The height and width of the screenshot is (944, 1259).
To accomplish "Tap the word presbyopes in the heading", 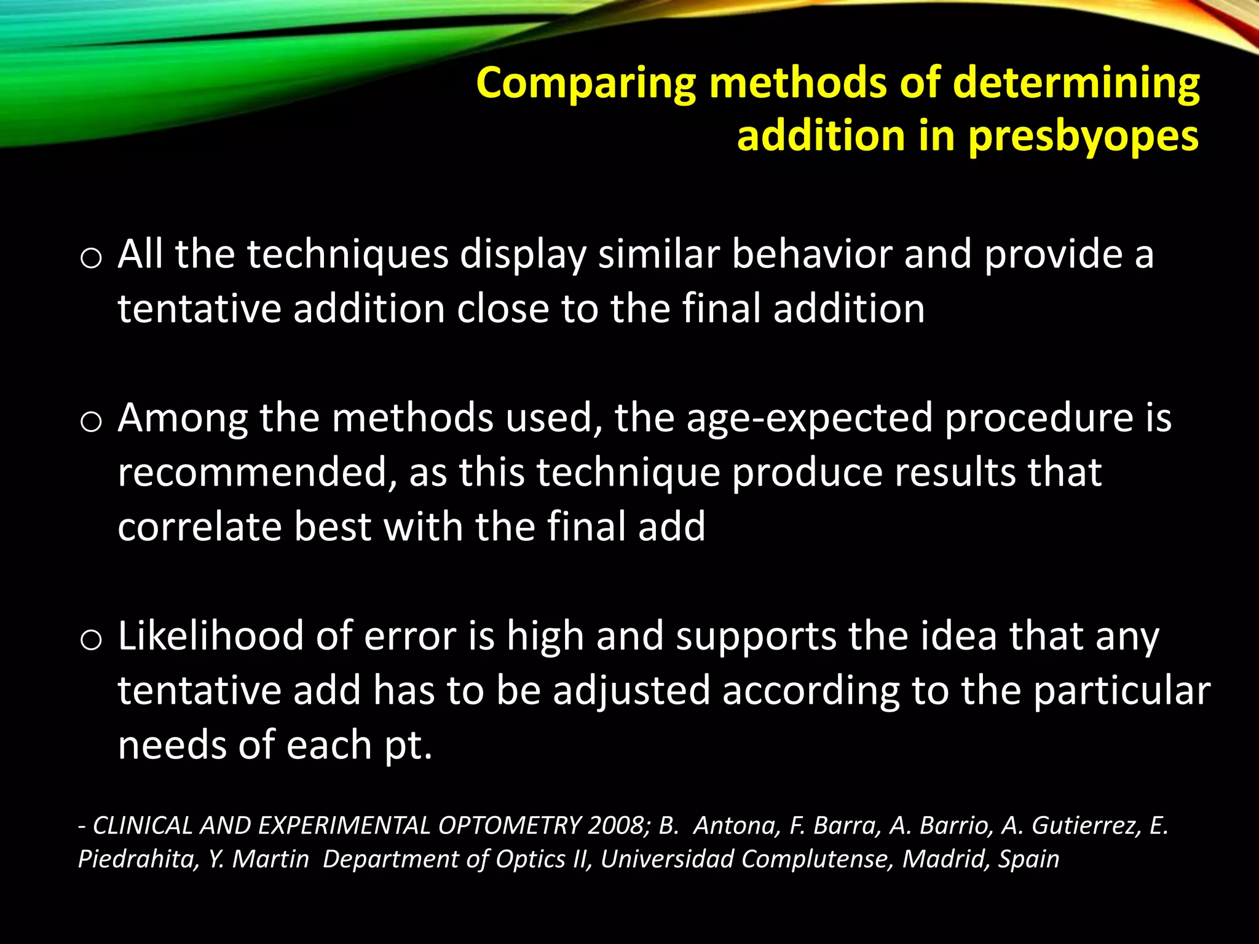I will (1084, 136).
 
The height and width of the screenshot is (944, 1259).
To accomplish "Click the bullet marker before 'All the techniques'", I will (90, 259).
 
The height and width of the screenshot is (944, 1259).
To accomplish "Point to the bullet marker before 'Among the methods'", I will (90, 422).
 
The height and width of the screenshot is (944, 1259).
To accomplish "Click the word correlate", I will (199, 527).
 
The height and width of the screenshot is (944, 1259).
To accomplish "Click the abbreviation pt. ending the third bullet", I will (408, 745).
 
